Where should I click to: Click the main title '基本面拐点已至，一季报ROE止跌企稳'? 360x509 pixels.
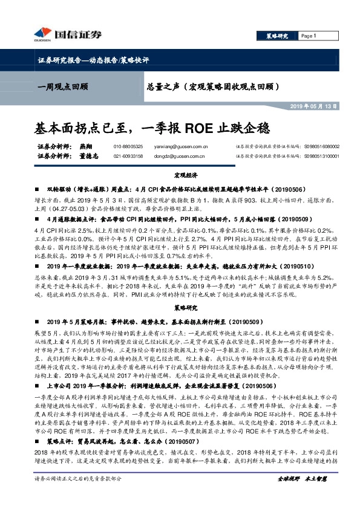[149, 128]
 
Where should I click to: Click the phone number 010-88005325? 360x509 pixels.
[128, 146]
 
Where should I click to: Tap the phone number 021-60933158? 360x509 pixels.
[128, 155]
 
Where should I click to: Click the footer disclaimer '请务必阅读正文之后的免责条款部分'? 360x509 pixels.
[73, 495]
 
